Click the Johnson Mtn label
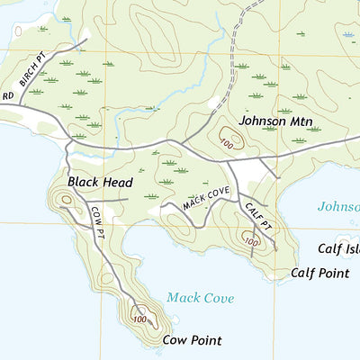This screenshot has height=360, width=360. (x=274, y=120)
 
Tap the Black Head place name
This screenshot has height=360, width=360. (x=94, y=182)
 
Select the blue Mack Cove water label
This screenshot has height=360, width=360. (x=200, y=298)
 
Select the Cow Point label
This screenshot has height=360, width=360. (x=192, y=340)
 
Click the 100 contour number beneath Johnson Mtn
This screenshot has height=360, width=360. (x=226, y=142)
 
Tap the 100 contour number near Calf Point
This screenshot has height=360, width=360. (x=251, y=241)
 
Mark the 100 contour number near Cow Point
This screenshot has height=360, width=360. (x=139, y=319)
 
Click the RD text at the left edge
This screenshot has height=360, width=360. (x=7, y=94)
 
